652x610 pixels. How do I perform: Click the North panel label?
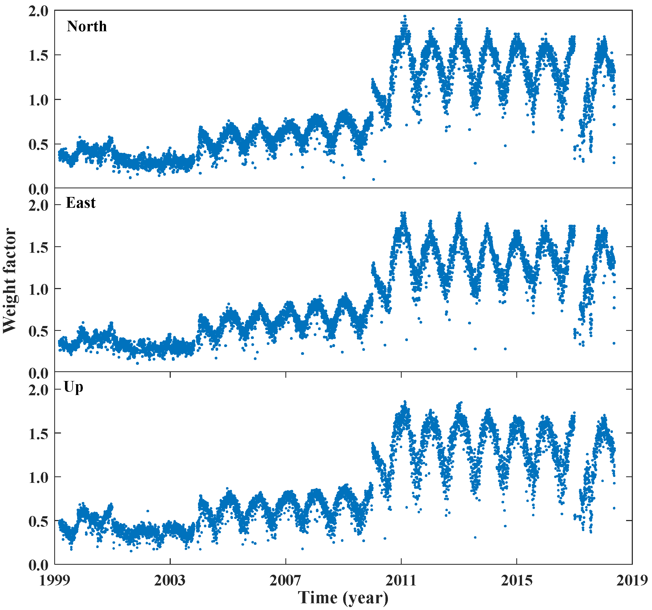tap(87, 26)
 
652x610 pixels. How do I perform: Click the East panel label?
tap(80, 203)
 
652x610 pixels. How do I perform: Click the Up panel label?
tap(73, 387)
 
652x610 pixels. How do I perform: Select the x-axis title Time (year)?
tap(343, 598)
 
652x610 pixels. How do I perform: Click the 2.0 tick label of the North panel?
tap(38, 12)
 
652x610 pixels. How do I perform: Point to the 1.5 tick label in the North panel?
tap(38, 55)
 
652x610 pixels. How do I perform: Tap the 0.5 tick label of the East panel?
tap(38, 331)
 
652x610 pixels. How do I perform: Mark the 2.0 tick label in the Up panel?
tap(38, 390)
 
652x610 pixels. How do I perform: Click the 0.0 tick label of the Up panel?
tap(38, 565)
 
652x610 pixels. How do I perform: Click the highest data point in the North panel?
tap(405, 16)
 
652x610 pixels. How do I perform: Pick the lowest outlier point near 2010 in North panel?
tap(373, 179)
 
